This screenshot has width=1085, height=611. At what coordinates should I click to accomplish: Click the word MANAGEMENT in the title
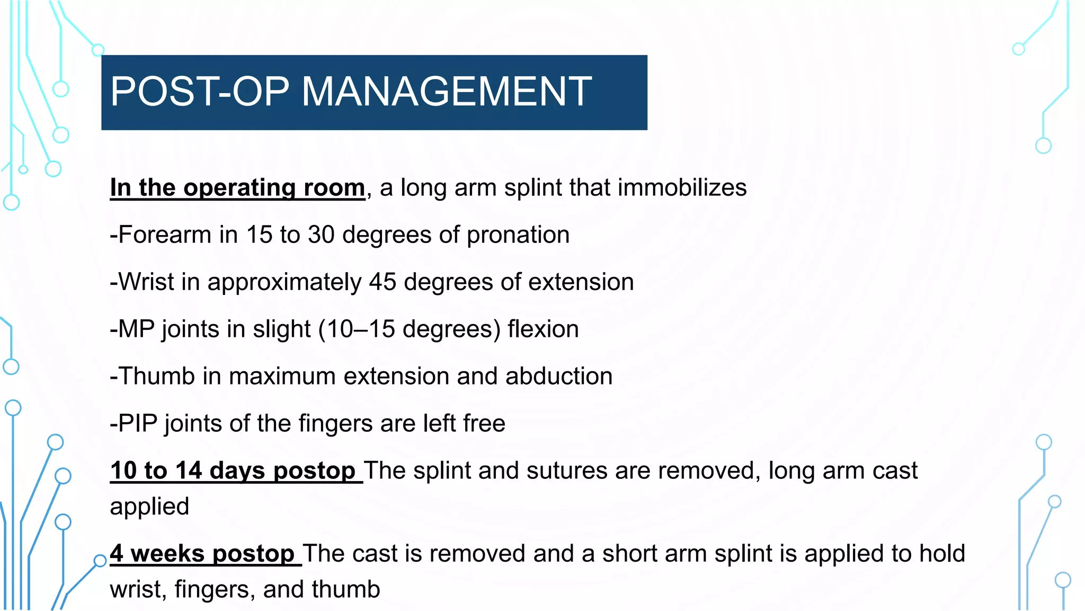click(x=447, y=91)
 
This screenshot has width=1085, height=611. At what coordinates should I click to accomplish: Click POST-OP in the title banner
click(x=200, y=91)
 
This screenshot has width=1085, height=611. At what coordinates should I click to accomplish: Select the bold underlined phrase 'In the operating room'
click(x=237, y=188)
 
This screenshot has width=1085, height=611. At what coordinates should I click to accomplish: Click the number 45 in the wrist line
click(x=383, y=282)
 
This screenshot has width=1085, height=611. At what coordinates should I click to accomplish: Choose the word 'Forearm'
click(x=164, y=235)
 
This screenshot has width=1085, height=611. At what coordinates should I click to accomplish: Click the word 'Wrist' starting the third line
click(x=146, y=282)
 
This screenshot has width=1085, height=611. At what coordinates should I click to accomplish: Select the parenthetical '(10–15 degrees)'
click(x=409, y=329)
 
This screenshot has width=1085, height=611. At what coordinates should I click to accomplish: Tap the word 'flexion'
click(x=543, y=329)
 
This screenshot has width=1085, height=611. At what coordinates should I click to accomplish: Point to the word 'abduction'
click(x=559, y=377)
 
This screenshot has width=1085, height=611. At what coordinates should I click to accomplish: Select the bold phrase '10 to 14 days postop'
click(x=233, y=471)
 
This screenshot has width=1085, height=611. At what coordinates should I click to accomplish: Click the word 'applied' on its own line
click(x=149, y=507)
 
